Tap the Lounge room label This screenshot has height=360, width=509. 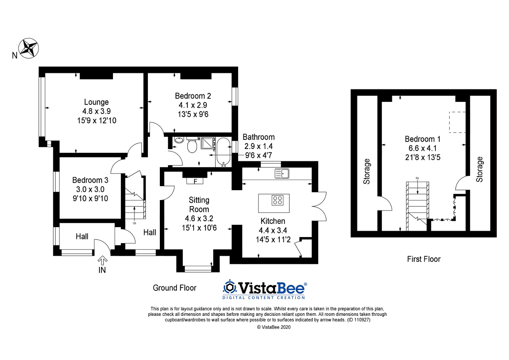tap(96, 102)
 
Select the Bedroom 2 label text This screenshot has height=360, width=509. tap(192, 96)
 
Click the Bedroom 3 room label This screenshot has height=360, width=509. tap(90, 180)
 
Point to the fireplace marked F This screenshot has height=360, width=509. tap(195, 181)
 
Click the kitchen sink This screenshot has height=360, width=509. tap(282, 173)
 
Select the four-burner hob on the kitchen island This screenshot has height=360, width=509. tap(278, 200)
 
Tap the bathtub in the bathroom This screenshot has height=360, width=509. tap(222, 151)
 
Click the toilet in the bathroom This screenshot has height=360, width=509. tap(192, 146)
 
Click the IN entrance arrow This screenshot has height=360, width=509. tap(102, 261)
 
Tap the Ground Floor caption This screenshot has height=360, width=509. tap(175, 288)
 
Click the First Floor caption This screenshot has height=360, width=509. tap(424, 259)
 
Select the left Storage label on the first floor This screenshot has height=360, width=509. tap(367, 171)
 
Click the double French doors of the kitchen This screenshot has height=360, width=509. tap(320, 205)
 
